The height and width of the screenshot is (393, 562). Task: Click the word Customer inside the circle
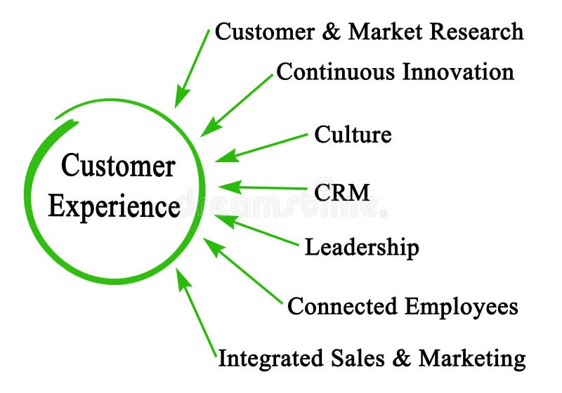117,167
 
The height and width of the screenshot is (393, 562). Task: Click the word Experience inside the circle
114,206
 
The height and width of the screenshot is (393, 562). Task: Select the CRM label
341,192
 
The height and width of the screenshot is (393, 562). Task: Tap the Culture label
353,134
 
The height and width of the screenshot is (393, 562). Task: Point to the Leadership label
361,247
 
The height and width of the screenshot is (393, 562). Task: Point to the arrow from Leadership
256,231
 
